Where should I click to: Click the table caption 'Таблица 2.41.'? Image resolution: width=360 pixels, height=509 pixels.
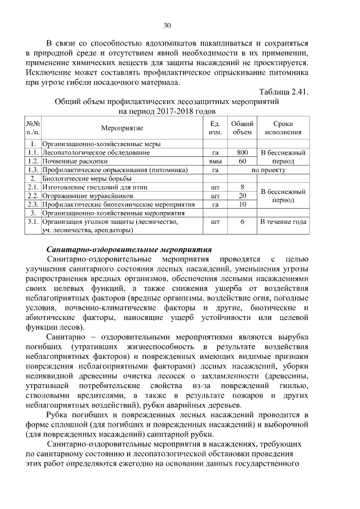coord(283,92)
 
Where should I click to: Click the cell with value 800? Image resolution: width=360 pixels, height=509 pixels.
coord(242,152)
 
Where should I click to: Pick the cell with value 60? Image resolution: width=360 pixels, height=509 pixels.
coord(242,161)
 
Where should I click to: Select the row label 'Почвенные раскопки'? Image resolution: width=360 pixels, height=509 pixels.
coord(75,161)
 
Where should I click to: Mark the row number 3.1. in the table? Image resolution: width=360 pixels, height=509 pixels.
coord(33,222)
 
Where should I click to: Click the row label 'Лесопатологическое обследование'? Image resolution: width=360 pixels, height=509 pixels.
coord(96,152)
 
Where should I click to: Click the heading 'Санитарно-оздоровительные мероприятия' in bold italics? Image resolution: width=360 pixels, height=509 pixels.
coord(128,249)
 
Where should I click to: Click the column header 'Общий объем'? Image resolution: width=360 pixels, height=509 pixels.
coord(242,128)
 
